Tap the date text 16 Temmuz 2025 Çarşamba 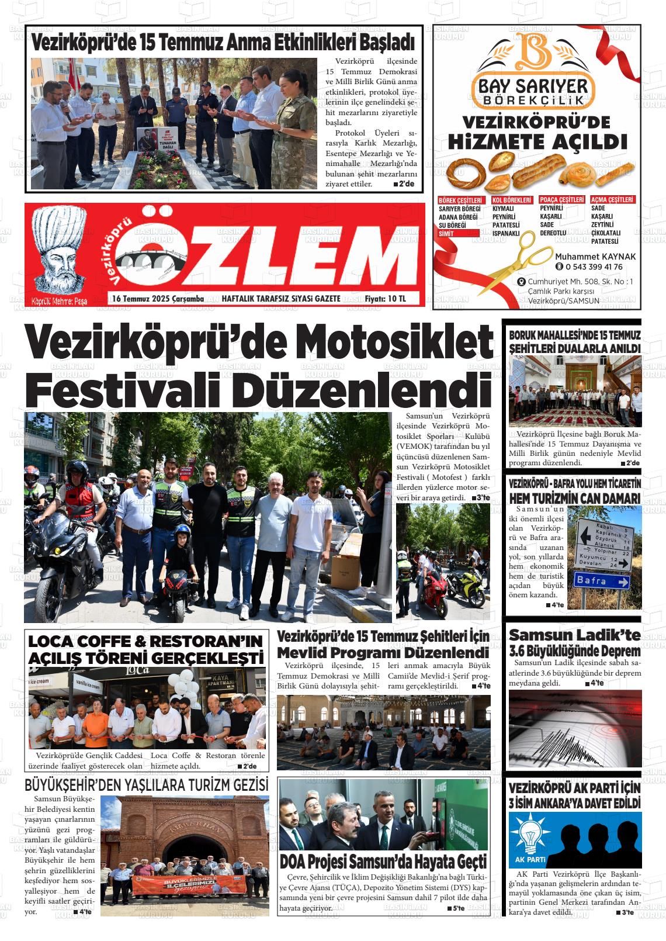point(158,299)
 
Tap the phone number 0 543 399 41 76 point(594,267)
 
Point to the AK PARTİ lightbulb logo point(529,834)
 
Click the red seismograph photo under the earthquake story point(575,728)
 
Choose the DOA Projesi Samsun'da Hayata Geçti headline point(383,862)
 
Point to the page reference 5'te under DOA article point(458,908)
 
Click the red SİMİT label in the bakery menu point(447,233)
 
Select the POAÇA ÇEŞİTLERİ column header point(561,200)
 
